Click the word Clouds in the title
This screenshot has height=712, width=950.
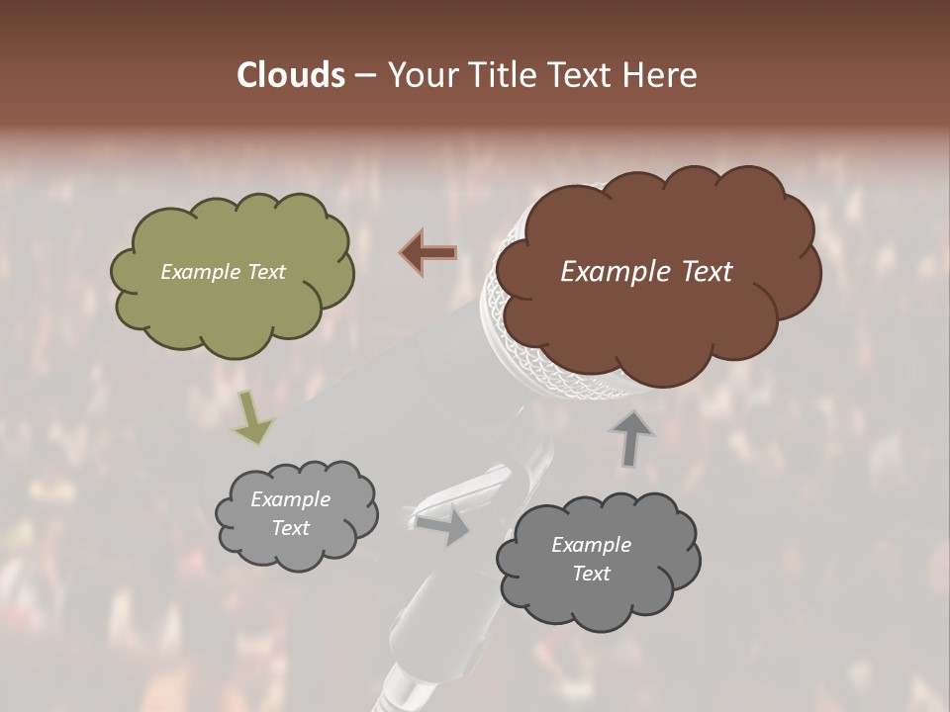(290, 75)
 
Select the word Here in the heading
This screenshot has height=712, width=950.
(661, 75)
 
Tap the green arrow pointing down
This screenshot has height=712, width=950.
(252, 417)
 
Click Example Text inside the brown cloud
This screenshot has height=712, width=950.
(646, 272)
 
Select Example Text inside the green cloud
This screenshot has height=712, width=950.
(223, 272)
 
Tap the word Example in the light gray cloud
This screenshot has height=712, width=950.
(290, 499)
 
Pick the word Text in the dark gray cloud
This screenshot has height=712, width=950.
(591, 574)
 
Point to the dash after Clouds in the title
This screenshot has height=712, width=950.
(364, 76)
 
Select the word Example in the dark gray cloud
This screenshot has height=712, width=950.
(591, 545)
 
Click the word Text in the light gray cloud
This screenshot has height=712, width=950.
(290, 528)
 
